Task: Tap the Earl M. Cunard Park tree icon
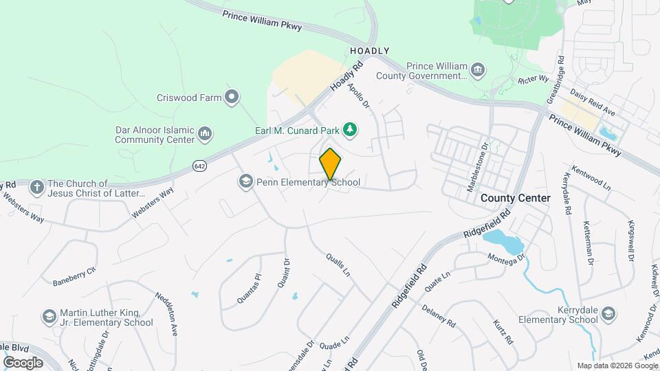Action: (350, 129)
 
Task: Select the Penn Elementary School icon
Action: (245, 181)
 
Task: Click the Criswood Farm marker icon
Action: (232, 97)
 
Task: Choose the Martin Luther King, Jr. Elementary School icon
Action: (49, 316)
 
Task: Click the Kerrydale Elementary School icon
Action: (608, 314)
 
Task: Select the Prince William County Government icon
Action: (478, 70)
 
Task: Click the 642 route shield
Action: (199, 166)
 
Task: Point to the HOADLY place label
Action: (369, 51)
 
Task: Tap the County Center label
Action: (515, 198)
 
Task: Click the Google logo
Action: (23, 362)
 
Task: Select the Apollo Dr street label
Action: (359, 96)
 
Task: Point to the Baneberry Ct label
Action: (74, 277)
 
